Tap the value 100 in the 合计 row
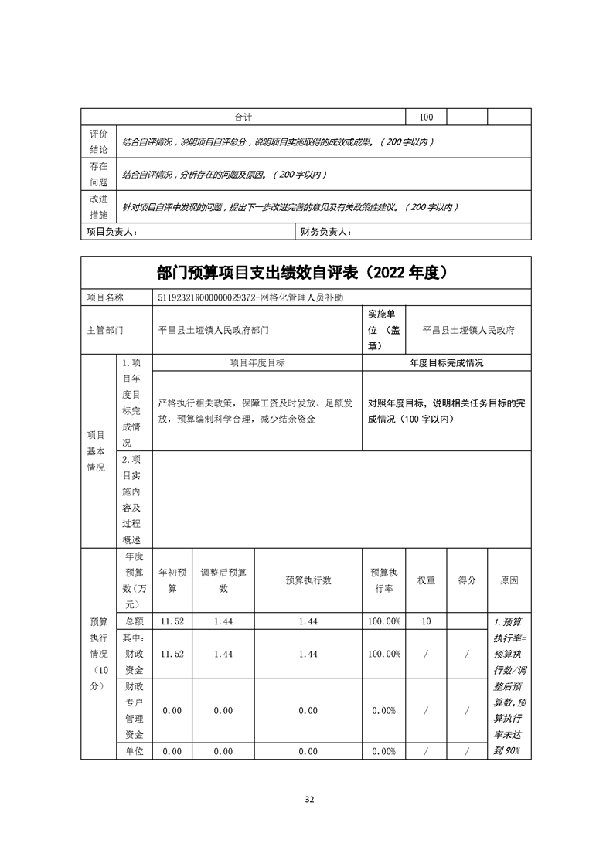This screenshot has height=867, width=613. coord(426,117)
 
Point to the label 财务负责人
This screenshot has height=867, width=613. coord(326,232)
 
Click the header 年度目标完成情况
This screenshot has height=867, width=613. coord(446,362)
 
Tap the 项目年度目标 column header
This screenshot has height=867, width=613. coord(257,362)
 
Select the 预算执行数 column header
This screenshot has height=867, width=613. coord(308,580)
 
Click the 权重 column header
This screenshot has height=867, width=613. coord(426,580)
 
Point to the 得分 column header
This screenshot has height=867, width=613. coord(467,580)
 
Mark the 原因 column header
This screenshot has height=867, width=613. coord(509,580)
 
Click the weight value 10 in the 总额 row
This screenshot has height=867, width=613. coord(426,621)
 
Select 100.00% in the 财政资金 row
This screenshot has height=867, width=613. coord(384,654)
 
